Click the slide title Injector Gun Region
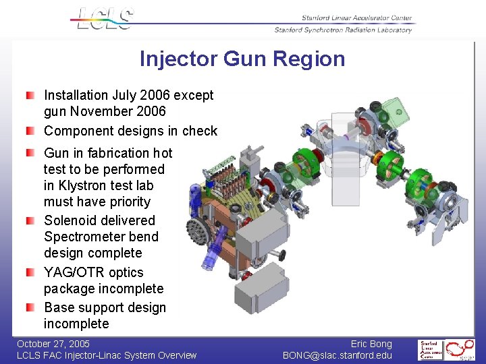242,59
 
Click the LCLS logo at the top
105,18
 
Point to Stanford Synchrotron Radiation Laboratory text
343,30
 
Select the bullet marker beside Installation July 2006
31,96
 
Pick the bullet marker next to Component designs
31,131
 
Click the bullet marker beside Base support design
31,308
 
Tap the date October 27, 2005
53,344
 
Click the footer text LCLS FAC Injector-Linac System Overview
107,355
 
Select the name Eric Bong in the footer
371,344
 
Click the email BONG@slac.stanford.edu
337,355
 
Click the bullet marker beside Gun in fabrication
31,154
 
